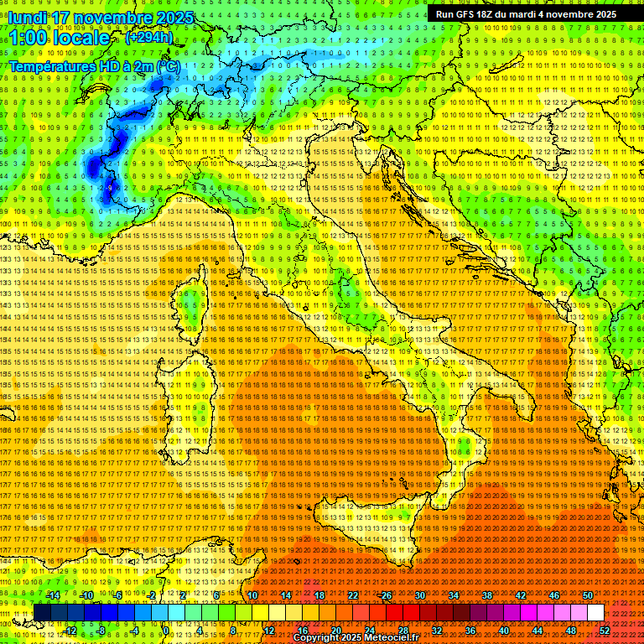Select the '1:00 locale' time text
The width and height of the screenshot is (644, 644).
[59, 38]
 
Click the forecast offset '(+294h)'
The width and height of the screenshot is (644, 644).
[149, 38]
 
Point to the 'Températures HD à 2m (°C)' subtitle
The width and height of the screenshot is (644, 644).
[94, 65]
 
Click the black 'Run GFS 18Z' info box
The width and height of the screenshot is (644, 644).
[526, 14]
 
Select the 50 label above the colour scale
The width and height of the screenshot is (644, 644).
[587, 595]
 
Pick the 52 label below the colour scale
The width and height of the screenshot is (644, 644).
[605, 631]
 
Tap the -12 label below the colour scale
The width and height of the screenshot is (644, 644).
[70, 631]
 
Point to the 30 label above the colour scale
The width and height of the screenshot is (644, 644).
[419, 595]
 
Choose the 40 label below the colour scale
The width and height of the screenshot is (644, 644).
[504, 631]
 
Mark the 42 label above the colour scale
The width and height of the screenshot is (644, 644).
[520, 595]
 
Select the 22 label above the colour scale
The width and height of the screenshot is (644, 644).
[352, 595]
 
